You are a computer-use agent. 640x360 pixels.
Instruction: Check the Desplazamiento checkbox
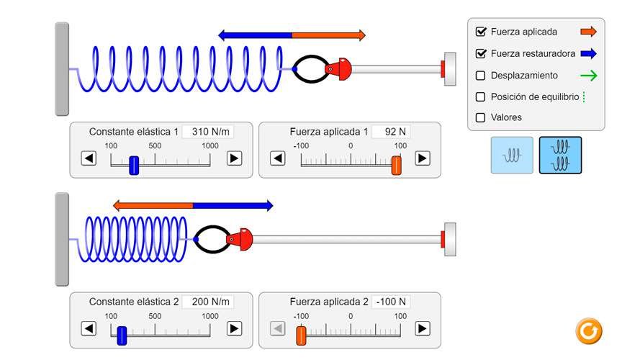click(x=480, y=76)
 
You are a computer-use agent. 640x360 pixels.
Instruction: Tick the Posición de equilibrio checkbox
click(x=480, y=96)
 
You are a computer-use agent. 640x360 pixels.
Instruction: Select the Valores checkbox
click(x=480, y=117)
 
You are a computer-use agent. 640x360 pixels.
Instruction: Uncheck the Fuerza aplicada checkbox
click(x=481, y=32)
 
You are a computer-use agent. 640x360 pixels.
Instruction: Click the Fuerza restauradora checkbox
click(x=481, y=53)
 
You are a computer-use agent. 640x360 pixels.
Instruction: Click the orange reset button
click(x=589, y=331)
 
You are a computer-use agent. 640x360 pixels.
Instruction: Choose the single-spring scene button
click(x=512, y=155)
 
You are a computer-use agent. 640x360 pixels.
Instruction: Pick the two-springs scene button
click(x=560, y=155)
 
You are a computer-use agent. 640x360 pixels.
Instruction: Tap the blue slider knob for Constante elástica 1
click(x=134, y=166)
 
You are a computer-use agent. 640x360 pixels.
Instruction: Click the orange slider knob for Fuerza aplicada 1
click(x=397, y=166)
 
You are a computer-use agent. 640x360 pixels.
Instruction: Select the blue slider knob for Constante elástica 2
click(x=122, y=336)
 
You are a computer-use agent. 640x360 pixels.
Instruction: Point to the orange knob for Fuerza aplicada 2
click(x=301, y=336)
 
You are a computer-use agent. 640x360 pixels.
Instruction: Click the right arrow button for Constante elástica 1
click(x=234, y=158)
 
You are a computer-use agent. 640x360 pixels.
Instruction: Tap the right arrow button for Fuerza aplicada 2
click(x=423, y=328)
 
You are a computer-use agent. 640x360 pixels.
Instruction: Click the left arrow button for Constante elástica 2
click(x=89, y=328)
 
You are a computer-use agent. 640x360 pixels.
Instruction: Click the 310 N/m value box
click(x=208, y=132)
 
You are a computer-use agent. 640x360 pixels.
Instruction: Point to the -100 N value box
click(x=391, y=302)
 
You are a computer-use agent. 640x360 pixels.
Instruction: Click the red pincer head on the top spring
click(x=339, y=69)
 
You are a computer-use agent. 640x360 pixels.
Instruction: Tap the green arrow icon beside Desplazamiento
click(x=588, y=76)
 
